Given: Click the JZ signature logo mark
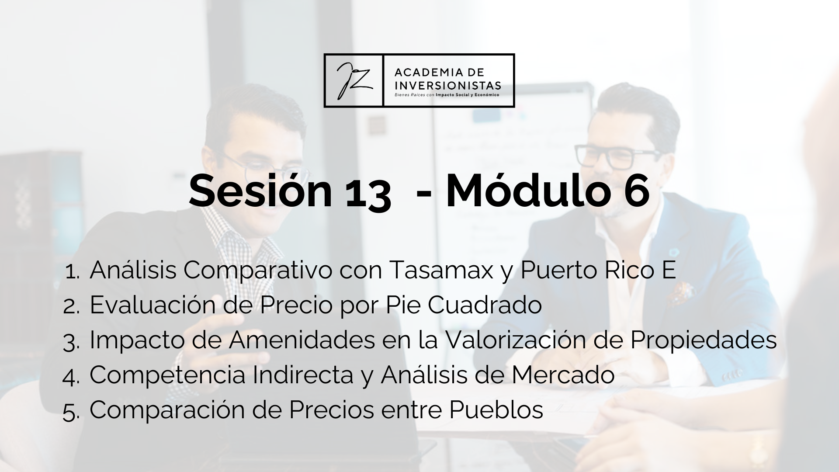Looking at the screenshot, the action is click(354, 80).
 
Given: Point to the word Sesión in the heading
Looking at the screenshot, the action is click(260, 191).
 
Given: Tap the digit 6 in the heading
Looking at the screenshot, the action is click(634, 191).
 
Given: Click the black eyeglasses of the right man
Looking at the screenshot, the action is click(618, 156).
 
